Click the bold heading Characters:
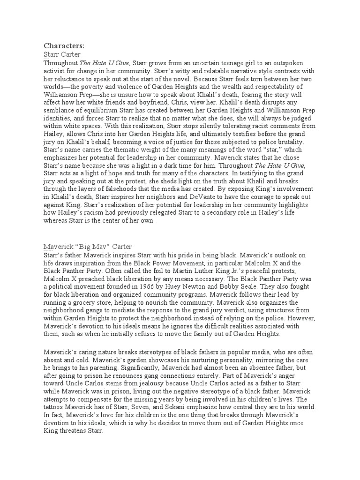click(64, 45)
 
